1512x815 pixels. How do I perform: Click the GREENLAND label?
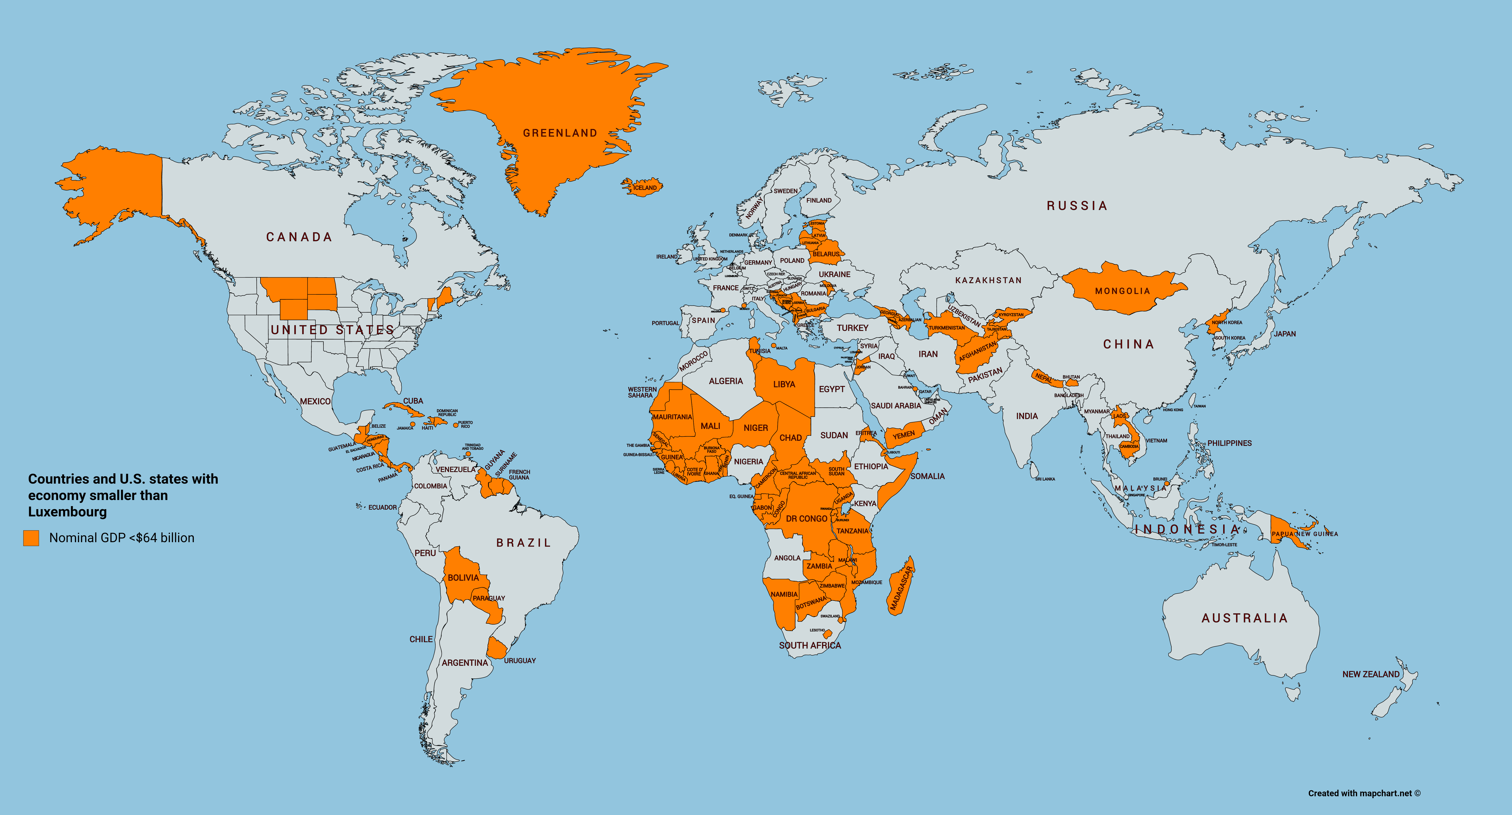click(560, 133)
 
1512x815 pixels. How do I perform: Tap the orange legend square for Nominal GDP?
click(31, 538)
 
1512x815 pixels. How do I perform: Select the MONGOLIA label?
click(1122, 291)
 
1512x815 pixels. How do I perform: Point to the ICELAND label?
click(645, 188)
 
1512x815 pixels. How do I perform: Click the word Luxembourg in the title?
click(67, 512)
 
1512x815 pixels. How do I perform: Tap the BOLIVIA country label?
click(463, 578)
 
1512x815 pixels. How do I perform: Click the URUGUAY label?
click(519, 661)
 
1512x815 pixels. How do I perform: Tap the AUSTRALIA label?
click(1244, 618)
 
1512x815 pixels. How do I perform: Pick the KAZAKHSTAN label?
click(988, 281)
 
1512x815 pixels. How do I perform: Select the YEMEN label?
click(904, 435)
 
